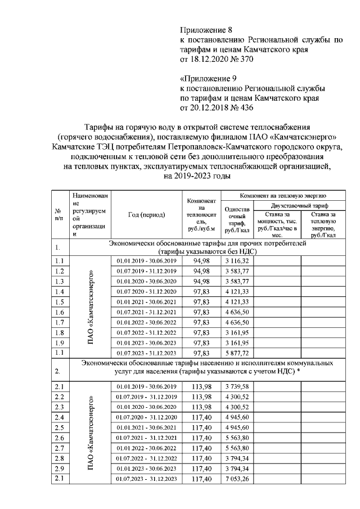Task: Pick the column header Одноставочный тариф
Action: [236, 219]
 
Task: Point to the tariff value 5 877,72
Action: [236, 353]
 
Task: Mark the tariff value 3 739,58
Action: [236, 386]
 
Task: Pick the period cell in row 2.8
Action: [146, 458]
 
